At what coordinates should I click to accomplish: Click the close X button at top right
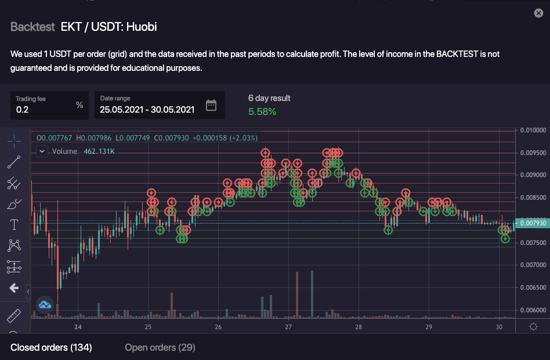click(x=537, y=13)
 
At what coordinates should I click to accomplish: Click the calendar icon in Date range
click(x=211, y=105)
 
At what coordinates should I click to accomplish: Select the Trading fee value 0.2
click(x=22, y=109)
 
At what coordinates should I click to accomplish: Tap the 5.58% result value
click(x=262, y=111)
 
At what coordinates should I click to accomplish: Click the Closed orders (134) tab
click(x=51, y=347)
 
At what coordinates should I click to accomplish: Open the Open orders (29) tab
click(x=160, y=347)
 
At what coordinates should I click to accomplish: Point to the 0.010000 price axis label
click(x=533, y=129)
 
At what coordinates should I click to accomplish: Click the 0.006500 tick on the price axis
click(x=533, y=287)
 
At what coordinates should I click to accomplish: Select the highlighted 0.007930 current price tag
click(x=533, y=223)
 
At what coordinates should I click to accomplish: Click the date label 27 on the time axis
click(x=288, y=327)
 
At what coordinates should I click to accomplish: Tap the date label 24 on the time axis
click(x=78, y=327)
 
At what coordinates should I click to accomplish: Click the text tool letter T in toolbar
click(x=14, y=224)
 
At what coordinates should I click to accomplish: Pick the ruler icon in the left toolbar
click(x=14, y=316)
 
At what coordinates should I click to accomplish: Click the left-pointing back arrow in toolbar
click(x=14, y=288)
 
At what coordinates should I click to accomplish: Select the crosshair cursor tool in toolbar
click(x=14, y=140)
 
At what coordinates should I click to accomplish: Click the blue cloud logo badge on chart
click(x=45, y=304)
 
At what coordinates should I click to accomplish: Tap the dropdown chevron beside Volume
click(x=42, y=151)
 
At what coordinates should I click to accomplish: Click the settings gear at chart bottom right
click(x=533, y=327)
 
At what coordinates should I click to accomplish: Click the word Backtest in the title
click(x=32, y=27)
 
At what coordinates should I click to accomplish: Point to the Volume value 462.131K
click(x=99, y=152)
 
